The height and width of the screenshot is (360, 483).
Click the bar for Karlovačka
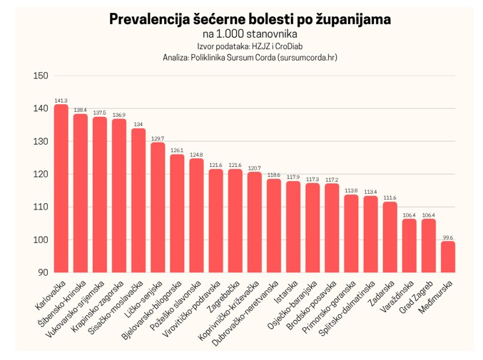pos(61,188)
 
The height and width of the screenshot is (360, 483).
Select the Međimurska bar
pos(448,257)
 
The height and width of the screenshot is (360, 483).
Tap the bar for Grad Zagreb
pos(429,245)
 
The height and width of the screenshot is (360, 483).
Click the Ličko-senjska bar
pos(158,207)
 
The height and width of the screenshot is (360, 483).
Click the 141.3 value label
pos(61,101)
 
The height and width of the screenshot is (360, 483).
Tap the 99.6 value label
pos(448,237)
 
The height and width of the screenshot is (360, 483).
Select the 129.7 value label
pos(158,138)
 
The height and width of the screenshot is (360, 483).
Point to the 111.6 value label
pos(390,197)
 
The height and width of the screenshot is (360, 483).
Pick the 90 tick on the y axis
pos(43,272)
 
